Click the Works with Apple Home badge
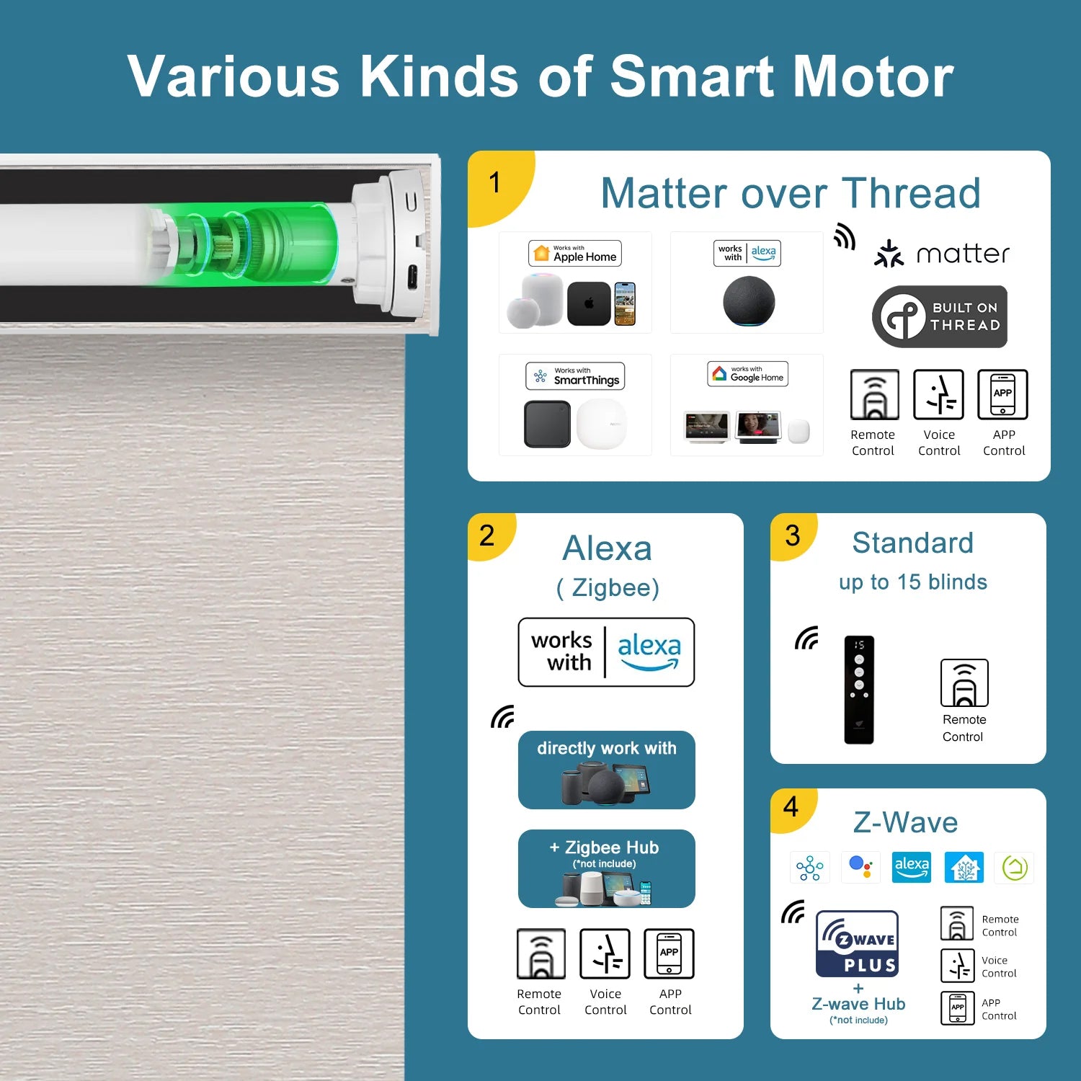(x=575, y=254)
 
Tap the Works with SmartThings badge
(x=575, y=376)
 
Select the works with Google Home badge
(x=747, y=374)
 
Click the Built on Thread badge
(x=940, y=317)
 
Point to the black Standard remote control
(x=859, y=690)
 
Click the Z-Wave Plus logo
(x=857, y=943)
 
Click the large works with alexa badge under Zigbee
(x=606, y=652)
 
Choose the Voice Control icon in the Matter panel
(x=938, y=394)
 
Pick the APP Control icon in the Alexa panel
(x=669, y=953)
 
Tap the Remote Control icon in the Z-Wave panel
(x=957, y=923)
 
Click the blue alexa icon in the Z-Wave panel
(x=912, y=867)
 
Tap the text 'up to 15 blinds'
(x=912, y=582)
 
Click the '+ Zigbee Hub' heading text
(x=605, y=848)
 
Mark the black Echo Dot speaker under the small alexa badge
(x=749, y=301)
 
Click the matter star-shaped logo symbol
(x=889, y=254)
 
